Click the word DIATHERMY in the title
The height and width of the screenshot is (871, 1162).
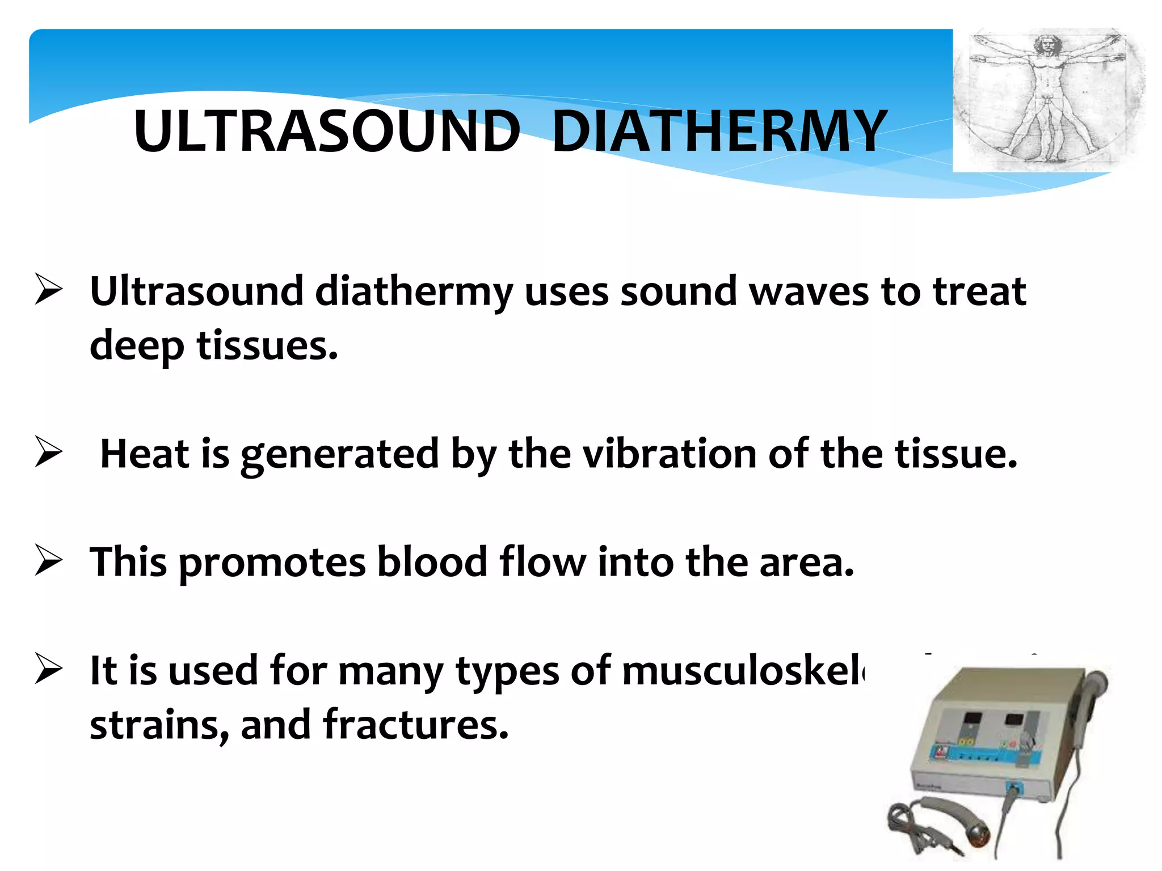[x=719, y=132]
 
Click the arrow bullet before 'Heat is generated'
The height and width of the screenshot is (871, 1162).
[x=48, y=452]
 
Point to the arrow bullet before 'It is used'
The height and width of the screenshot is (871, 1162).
[x=48, y=669]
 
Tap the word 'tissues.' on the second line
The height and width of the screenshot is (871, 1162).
[x=267, y=346]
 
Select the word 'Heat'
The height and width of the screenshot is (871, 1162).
[x=144, y=454]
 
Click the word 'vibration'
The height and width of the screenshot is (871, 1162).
[x=670, y=454]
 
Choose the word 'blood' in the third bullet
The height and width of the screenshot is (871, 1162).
[x=432, y=563]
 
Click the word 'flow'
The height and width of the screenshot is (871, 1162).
[x=542, y=563]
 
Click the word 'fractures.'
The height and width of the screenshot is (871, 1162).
[x=415, y=725]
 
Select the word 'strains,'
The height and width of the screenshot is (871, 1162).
[x=159, y=725]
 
